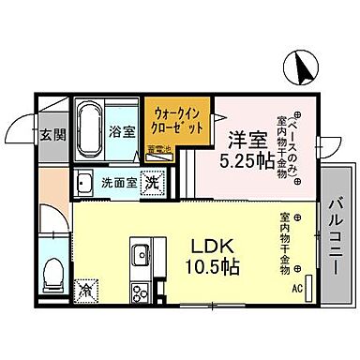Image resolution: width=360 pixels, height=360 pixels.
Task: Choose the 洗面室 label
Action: pos(119,182)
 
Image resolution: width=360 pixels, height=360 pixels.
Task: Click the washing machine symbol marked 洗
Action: pos(151,183)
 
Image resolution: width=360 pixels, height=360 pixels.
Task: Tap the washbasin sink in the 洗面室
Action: pos(84,183)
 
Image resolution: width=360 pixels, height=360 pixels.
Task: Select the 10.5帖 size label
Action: pos(213,266)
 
